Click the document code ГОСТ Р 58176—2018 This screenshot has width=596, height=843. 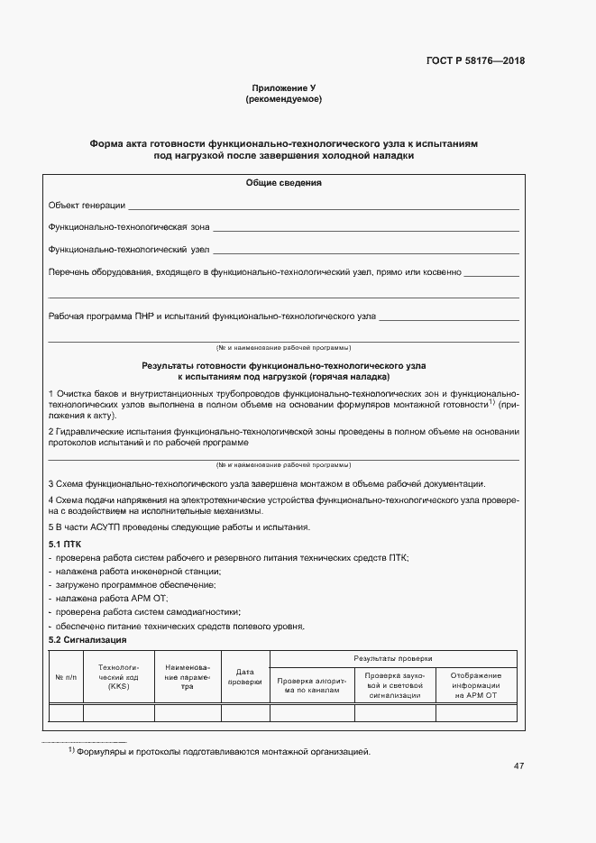coord(474,61)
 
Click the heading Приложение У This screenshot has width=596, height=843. coord(283,87)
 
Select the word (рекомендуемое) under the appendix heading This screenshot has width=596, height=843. coord(283,99)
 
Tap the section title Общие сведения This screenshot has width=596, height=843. coord(283,183)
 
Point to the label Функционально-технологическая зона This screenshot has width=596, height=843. coord(129,227)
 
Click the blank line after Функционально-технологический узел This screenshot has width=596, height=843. coord(365,250)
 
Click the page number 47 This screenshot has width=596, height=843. coord(518,766)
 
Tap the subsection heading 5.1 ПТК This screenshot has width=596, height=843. coord(65,545)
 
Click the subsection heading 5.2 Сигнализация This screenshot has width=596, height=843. coord(87,639)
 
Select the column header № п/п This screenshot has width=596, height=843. coord(66,676)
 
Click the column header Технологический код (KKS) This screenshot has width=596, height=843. coord(119,676)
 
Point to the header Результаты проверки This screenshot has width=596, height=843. coord(393,658)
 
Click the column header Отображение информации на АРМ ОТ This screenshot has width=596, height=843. coord(476,685)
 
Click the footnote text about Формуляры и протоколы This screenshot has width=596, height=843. coord(223,751)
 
